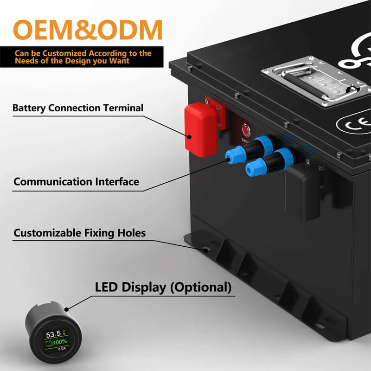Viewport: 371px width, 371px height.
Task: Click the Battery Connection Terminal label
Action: click(78, 109)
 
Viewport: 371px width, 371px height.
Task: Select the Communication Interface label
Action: click(76, 182)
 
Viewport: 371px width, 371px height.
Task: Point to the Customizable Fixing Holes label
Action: click(79, 233)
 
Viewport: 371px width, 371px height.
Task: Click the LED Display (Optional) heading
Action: click(163, 287)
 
